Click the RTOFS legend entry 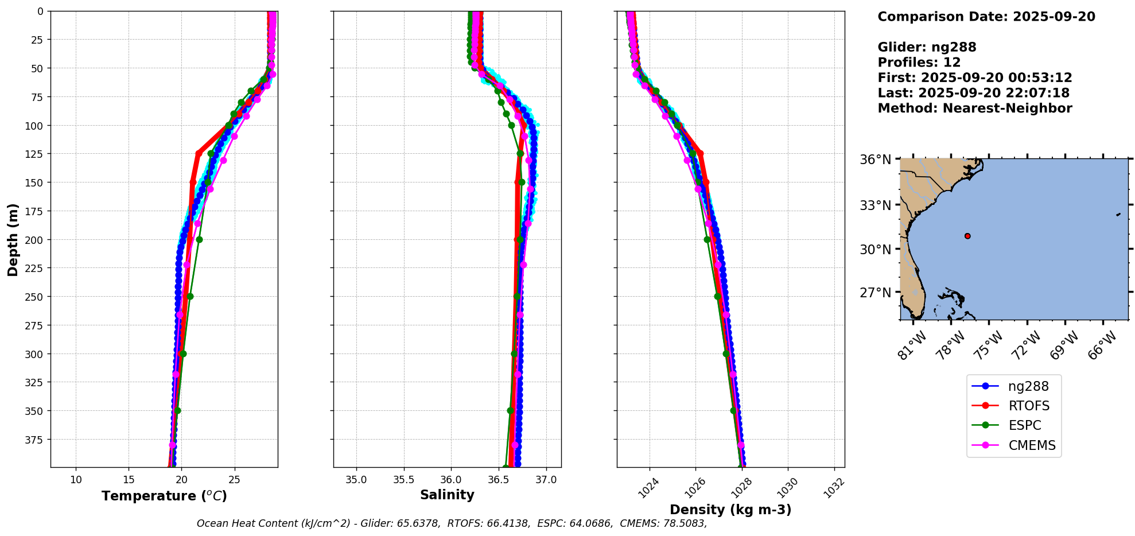[1028, 406]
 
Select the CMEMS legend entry [1031, 445]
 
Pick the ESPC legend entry [1024, 425]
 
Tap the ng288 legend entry [1028, 386]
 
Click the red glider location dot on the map [967, 236]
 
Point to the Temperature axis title [164, 496]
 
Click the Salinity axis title [447, 495]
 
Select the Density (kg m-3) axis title [730, 510]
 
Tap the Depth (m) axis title [13, 239]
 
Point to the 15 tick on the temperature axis [129, 480]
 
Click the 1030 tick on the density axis [787, 488]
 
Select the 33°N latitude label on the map [875, 205]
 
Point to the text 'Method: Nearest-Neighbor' [974, 108]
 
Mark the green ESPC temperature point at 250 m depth [190, 296]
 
